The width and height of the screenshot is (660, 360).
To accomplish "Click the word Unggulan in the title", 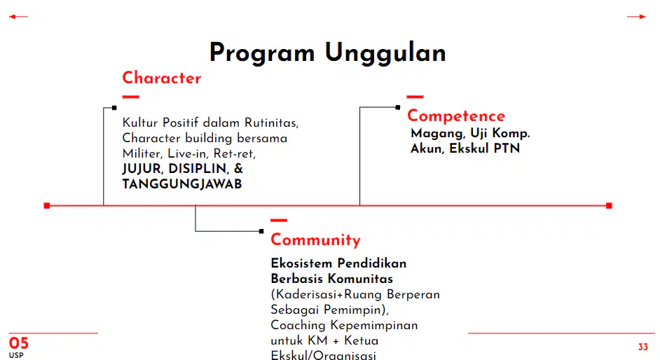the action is [x=385, y=54].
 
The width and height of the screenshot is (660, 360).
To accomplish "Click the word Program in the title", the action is [x=262, y=54].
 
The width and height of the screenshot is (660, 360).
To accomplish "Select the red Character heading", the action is [x=162, y=78].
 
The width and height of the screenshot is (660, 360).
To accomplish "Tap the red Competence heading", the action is [x=456, y=116].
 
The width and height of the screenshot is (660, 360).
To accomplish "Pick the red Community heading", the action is [x=316, y=240].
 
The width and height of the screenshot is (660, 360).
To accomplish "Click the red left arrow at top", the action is [x=18, y=17].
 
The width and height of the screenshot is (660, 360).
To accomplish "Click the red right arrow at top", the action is [x=636, y=17].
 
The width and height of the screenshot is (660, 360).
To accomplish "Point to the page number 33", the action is [x=642, y=347].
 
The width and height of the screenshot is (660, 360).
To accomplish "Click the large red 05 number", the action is [x=18, y=343].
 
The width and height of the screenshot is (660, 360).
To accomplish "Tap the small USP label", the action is [x=16, y=355].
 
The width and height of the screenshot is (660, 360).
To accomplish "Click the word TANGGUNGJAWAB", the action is [x=182, y=184].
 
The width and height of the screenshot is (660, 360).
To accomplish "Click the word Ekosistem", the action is [x=301, y=263].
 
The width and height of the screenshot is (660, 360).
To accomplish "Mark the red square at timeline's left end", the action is [x=47, y=206].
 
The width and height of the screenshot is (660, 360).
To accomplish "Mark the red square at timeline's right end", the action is [x=609, y=206].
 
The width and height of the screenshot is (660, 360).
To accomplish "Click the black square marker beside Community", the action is [x=261, y=231].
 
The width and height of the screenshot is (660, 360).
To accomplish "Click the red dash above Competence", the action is [x=415, y=97].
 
